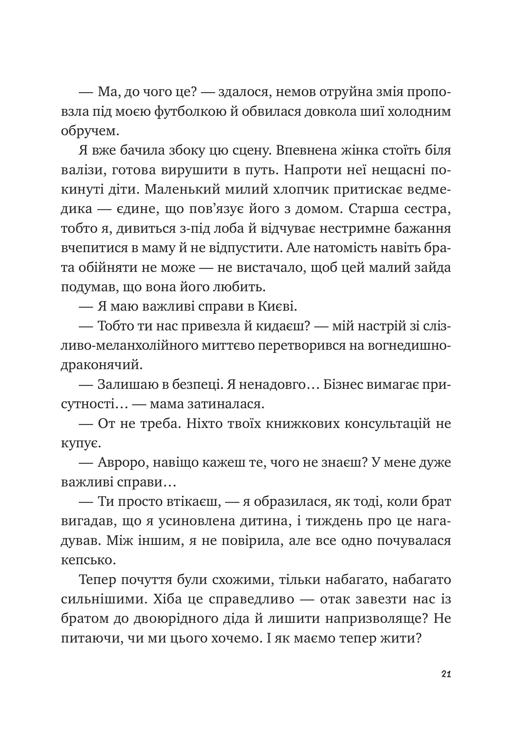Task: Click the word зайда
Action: [433, 268]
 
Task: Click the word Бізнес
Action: [342, 385]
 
